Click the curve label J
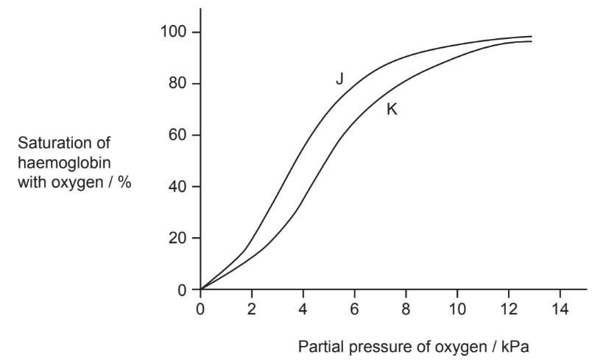339,79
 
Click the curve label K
392,110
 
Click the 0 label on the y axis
183,290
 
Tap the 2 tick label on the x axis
252,309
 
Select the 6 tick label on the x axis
354,309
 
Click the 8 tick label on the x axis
406,309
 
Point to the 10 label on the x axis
457,309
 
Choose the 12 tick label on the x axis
509,309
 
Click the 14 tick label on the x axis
560,309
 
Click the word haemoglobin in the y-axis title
64,163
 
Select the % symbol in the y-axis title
124,183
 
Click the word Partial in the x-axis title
321,347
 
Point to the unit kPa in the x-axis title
515,347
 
